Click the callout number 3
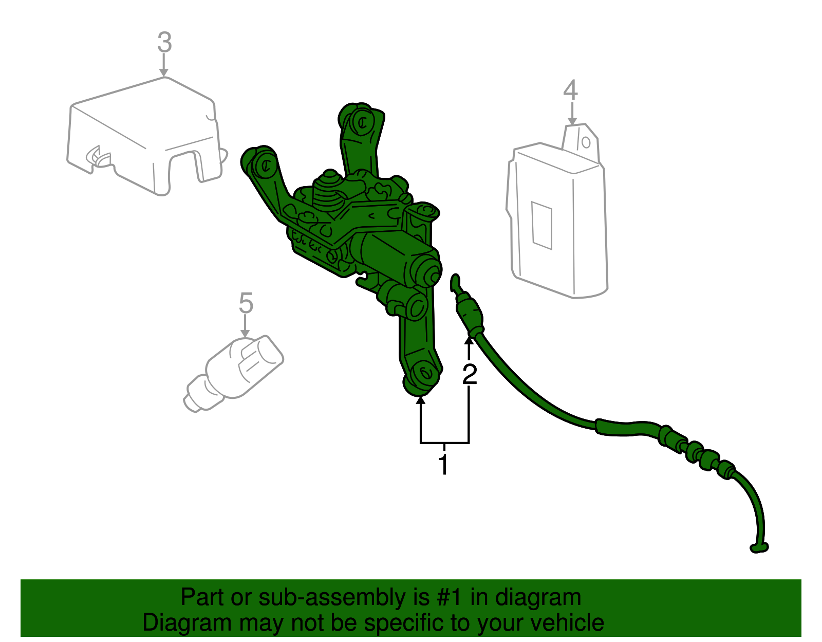[164, 42]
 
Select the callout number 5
[246, 303]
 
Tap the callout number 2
[470, 375]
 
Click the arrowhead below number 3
[164, 72]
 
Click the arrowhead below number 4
[572, 121]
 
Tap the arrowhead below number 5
[245, 333]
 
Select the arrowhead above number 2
[469, 341]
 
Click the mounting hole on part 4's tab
[586, 142]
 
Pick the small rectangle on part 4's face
[541, 226]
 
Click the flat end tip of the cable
[759, 548]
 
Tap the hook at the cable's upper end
[455, 283]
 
